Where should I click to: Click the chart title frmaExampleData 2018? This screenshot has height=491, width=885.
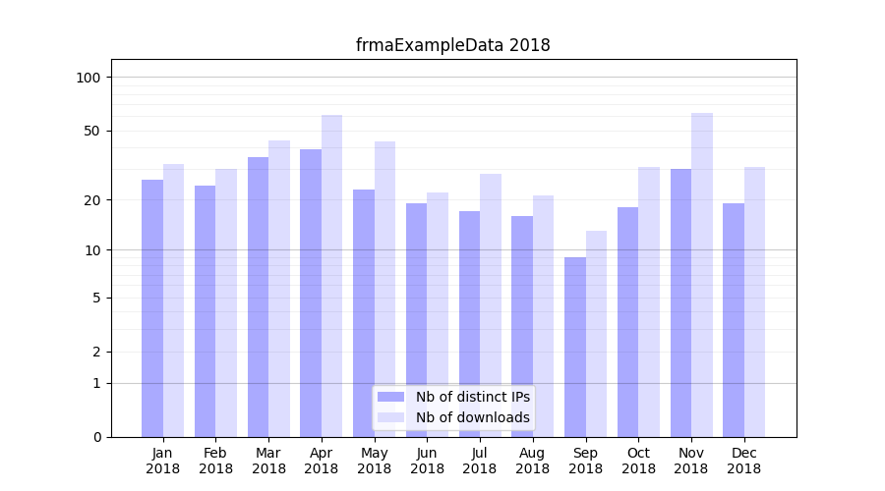click(452, 45)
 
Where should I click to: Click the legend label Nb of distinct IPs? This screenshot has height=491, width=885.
click(472, 397)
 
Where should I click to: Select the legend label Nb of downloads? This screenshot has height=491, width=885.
click(472, 417)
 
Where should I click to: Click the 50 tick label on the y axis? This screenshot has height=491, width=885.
click(92, 131)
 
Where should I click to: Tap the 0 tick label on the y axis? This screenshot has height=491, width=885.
click(96, 437)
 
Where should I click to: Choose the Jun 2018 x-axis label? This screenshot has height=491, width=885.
click(427, 461)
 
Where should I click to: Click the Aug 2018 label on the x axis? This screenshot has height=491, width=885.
click(533, 461)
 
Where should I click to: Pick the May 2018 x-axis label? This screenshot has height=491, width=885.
click(375, 461)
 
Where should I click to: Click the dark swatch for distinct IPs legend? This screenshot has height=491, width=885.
click(391, 397)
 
